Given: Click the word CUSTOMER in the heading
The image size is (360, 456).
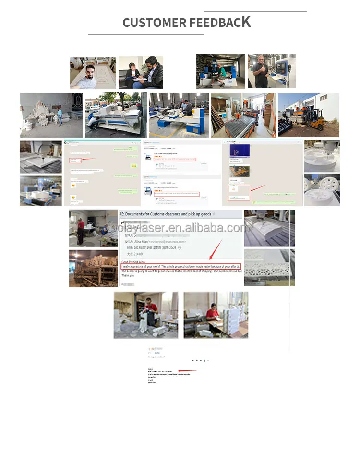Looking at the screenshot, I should click(x=154, y=23).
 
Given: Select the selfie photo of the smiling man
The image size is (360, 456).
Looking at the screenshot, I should click(x=93, y=73).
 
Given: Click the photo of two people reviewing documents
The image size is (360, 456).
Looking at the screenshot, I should click(x=141, y=73).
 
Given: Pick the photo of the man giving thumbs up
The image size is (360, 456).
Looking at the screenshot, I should click(x=271, y=71).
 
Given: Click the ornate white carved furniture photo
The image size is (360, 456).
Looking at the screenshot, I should click(x=51, y=115).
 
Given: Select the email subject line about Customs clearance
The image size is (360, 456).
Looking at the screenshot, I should click(x=165, y=214).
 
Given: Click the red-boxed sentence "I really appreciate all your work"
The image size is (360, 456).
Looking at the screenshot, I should click(x=180, y=266).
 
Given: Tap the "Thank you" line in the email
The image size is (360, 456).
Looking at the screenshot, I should click(x=128, y=275).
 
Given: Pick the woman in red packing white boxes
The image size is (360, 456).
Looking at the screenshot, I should click(x=216, y=315).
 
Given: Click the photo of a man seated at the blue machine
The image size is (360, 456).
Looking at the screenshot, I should click(x=220, y=71).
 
